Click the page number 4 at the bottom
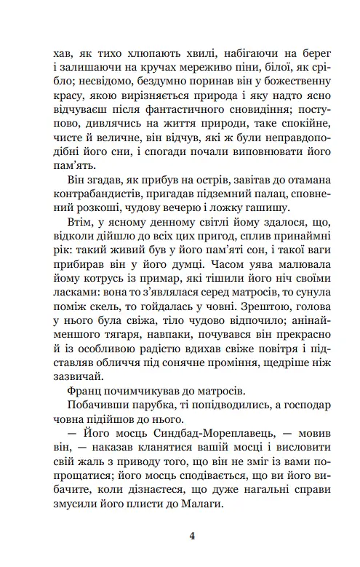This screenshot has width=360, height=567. click(x=191, y=537)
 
